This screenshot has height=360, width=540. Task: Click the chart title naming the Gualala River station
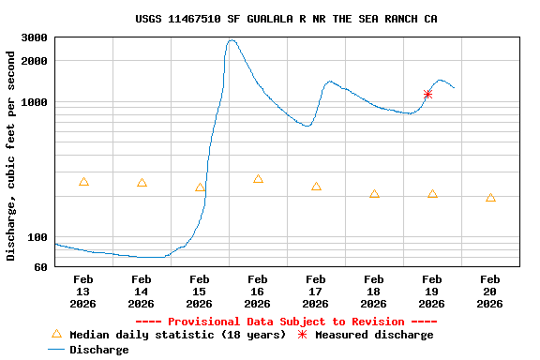coord(286,19)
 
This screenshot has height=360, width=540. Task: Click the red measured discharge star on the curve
coord(427,94)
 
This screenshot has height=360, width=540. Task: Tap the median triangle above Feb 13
coord(83,182)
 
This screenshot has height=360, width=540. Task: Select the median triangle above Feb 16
coord(258,179)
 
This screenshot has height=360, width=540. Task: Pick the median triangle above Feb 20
coord(490,198)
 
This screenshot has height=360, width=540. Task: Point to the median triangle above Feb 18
coord(374,194)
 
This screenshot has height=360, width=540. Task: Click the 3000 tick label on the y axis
coord(35,38)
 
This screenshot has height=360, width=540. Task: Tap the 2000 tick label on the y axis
coord(35,62)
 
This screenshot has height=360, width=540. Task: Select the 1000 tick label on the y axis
coord(35,102)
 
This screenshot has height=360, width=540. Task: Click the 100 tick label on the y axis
coord(37,237)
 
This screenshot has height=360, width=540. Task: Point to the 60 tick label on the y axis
coord(40,267)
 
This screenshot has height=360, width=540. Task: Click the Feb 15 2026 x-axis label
coord(199,291)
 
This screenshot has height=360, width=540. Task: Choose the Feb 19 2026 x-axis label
coord(431,291)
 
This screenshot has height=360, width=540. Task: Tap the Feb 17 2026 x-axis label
coord(315,291)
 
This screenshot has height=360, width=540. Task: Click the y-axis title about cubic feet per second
coord(11,156)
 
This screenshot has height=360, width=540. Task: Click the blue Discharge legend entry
coord(98,350)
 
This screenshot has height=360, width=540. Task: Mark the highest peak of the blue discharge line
coord(232,40)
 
